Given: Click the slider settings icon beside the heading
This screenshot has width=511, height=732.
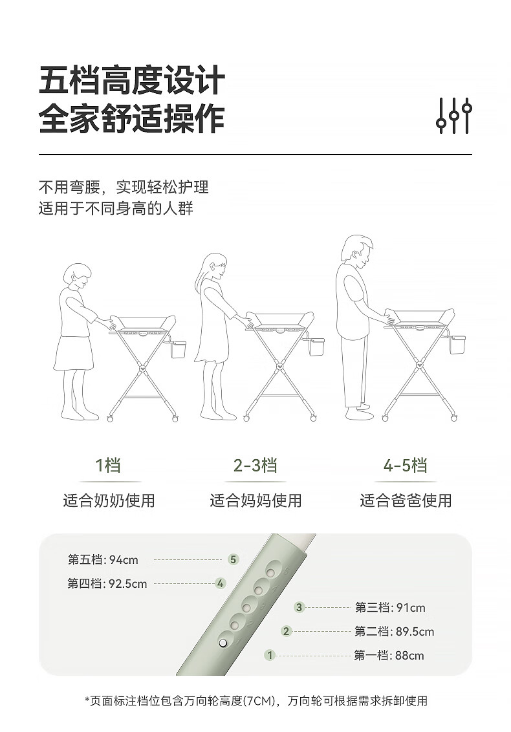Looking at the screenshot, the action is [x=454, y=116].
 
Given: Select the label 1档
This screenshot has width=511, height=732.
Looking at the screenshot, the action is [x=109, y=466].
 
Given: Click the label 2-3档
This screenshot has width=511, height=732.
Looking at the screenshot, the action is [x=255, y=466].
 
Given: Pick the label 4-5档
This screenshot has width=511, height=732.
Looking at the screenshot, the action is [x=405, y=466].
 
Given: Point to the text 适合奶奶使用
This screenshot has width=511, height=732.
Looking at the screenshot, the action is [x=109, y=501].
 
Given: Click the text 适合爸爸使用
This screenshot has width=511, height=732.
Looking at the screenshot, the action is [x=406, y=501].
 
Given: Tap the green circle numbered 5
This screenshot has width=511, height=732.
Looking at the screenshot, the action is [x=233, y=559].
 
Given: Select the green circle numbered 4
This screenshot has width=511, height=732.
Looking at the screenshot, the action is [x=220, y=583].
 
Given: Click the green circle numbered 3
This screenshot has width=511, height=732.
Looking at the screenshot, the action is [x=299, y=607].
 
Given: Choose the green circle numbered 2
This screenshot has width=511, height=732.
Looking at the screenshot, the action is [x=286, y=632].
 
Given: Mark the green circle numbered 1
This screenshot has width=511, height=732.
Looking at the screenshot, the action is [x=270, y=656].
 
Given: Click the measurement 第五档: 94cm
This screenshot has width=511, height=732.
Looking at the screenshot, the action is [x=103, y=560].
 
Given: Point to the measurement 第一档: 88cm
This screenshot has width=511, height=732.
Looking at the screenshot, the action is [x=389, y=656].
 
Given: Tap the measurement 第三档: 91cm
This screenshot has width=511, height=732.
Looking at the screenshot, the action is [x=390, y=608].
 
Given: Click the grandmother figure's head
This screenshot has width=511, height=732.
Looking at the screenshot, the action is [x=77, y=275].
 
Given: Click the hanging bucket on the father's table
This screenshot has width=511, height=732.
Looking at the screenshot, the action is [x=457, y=344].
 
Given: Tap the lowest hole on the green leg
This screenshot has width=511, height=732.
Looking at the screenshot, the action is [x=223, y=643].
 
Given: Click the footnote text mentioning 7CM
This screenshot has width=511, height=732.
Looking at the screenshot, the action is [x=256, y=701].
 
